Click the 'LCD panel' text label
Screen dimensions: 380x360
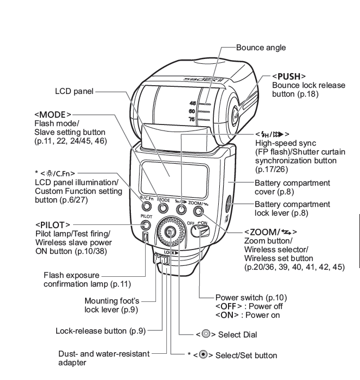pyautogui.click(x=73, y=93)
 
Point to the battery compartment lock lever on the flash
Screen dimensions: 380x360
pyautogui.click(x=229, y=207)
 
